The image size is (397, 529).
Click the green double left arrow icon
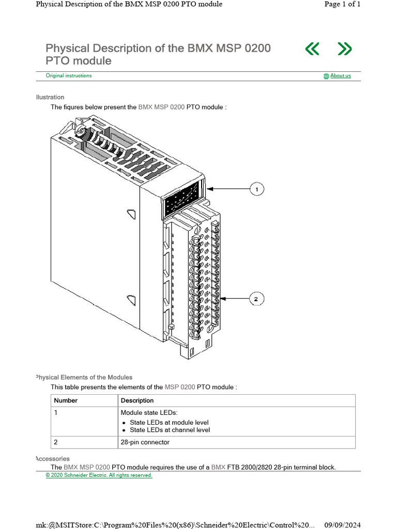click(312, 49)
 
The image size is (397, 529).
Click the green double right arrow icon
click(344, 49)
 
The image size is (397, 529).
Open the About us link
click(340, 76)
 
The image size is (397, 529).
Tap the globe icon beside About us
click(326, 76)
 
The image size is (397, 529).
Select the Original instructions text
click(69, 75)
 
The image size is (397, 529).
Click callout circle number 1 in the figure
click(257, 190)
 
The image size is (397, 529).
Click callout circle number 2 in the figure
click(257, 299)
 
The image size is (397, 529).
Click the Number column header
click(66, 400)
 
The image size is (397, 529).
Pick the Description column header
click(137, 400)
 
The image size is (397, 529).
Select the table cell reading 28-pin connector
click(145, 442)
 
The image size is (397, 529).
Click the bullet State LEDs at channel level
click(170, 430)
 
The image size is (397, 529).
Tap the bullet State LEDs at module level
click(169, 422)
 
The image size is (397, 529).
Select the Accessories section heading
click(52, 459)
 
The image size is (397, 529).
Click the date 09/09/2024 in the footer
click(342, 525)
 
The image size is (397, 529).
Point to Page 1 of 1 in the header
click(342, 4)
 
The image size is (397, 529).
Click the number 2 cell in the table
click(56, 442)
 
